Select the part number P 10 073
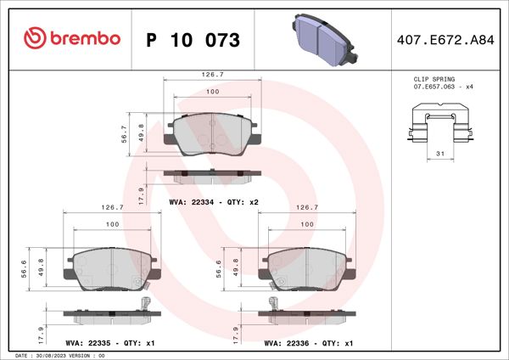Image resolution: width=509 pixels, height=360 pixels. [x=193, y=40]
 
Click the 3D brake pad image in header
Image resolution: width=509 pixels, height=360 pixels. [x=323, y=37]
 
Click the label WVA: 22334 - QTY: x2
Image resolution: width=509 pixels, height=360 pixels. [x=213, y=203]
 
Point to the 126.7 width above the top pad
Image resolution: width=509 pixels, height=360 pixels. [x=211, y=74]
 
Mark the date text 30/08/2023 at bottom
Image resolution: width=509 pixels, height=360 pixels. [x=57, y=356]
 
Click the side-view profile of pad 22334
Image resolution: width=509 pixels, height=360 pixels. [x=211, y=177]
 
